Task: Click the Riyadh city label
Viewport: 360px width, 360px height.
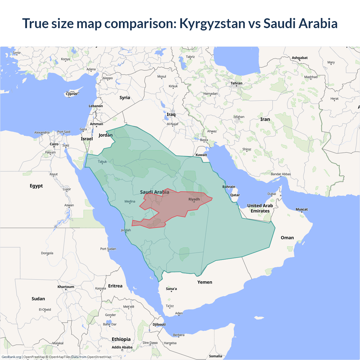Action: click(194, 199)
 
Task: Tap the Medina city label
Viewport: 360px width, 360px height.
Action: click(130, 201)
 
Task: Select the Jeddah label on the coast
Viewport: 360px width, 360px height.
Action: click(126, 230)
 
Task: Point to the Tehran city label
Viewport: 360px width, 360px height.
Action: click(236, 83)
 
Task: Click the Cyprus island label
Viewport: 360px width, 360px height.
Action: click(71, 94)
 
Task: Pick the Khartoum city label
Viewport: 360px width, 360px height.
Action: click(66, 287)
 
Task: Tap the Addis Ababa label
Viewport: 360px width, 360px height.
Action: click(122, 347)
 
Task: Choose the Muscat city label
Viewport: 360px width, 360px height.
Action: click(301, 209)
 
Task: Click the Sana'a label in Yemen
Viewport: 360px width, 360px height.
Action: click(171, 289)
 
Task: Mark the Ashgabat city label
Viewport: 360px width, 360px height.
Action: click(300, 58)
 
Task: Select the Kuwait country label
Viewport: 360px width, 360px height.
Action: click(201, 155)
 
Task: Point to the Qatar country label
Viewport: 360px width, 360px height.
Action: click(235, 195)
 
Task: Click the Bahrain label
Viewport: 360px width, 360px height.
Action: click(229, 187)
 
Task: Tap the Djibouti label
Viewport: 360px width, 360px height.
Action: click(159, 325)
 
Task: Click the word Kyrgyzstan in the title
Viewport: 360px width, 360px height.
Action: click(212, 23)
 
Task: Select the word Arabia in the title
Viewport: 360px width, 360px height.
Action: click(318, 23)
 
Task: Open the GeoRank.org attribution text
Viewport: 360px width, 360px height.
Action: click(11, 357)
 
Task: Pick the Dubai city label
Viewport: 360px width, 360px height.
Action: click(272, 194)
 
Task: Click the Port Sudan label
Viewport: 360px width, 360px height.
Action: click(108, 249)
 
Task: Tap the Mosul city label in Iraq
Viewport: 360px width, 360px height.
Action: click(161, 76)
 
